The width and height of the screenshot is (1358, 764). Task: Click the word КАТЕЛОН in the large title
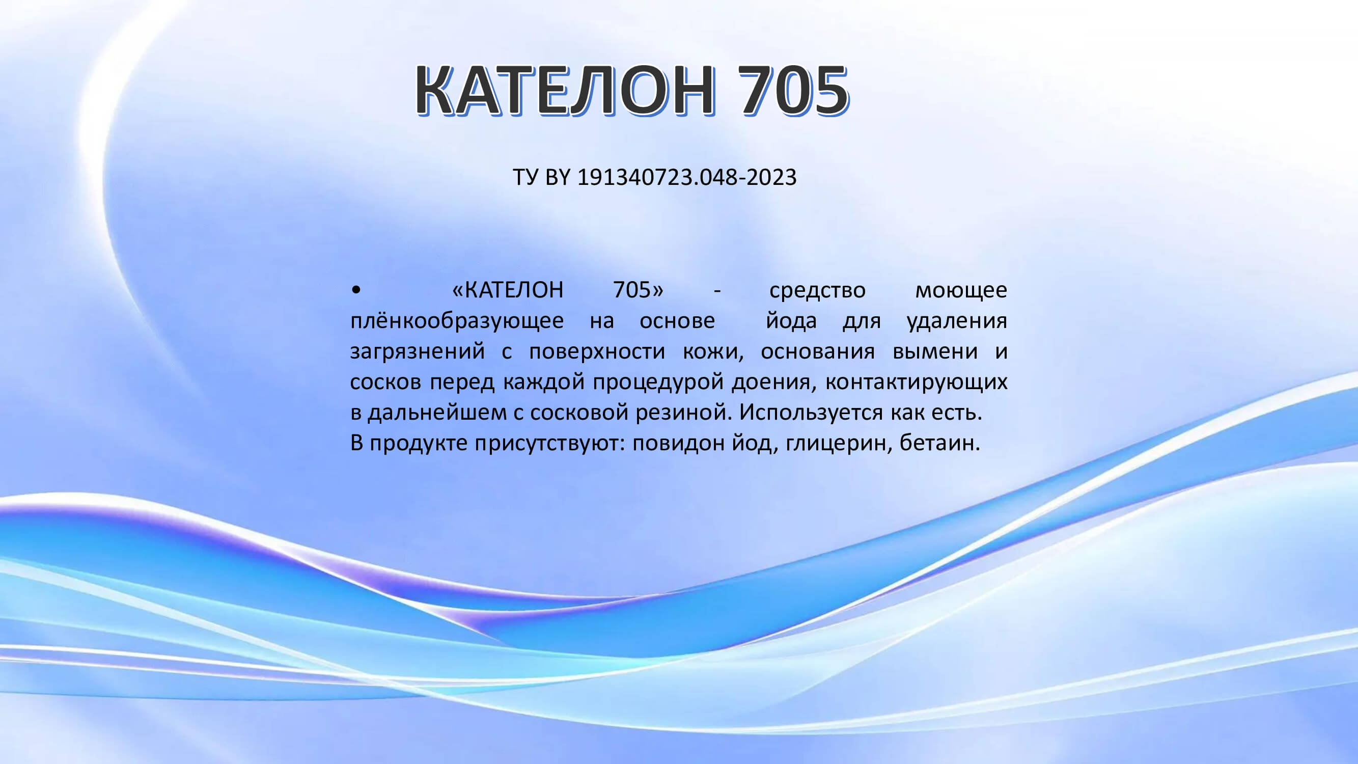[x=565, y=90]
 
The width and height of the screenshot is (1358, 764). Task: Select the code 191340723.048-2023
[x=687, y=177]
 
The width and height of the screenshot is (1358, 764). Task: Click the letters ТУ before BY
[x=525, y=177]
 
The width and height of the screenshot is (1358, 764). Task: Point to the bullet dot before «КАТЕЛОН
[x=356, y=290]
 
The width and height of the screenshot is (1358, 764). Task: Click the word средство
[x=817, y=290]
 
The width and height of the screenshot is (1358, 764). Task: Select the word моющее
[x=961, y=290]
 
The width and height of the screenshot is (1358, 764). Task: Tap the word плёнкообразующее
[x=457, y=321]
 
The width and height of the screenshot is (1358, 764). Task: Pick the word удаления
[x=957, y=321]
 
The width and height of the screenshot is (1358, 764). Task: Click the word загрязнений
[x=418, y=351]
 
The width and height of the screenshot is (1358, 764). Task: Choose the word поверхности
[x=597, y=351]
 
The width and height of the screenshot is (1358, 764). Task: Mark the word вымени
[x=935, y=351]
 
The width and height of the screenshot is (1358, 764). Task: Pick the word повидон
[x=678, y=444]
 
